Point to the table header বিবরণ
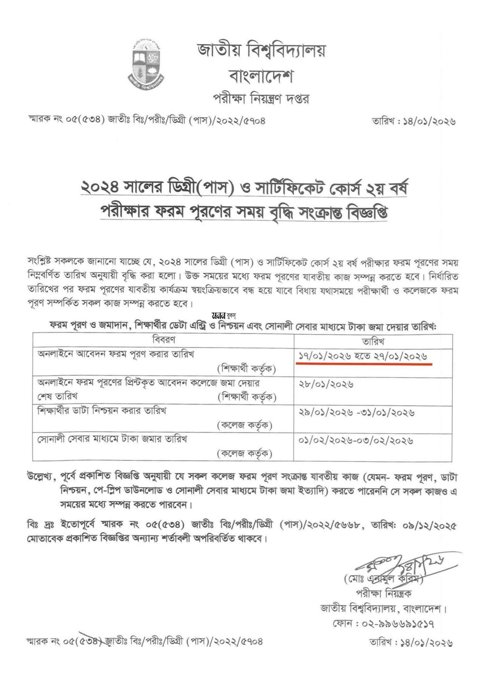[164, 340]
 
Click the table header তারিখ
[373, 341]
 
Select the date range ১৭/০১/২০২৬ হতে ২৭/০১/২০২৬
[363, 356]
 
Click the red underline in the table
[364, 363]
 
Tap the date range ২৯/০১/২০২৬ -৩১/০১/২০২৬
[356, 413]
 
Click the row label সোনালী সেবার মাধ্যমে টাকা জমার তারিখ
[112, 439]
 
